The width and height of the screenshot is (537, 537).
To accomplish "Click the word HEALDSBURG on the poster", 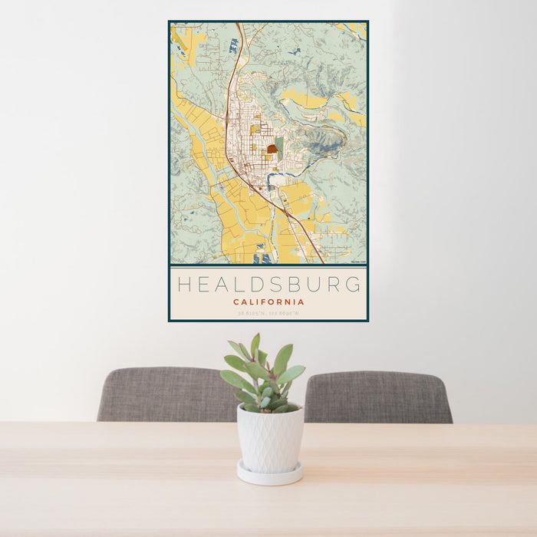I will [268, 285].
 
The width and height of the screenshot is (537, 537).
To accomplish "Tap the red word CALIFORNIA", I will [268, 302].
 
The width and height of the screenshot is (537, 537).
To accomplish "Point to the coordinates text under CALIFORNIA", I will [268, 312].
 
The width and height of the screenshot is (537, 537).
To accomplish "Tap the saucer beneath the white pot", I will [268, 474].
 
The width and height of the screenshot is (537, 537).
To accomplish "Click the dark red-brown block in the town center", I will [272, 149].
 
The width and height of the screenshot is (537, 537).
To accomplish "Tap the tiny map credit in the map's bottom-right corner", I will [356, 262].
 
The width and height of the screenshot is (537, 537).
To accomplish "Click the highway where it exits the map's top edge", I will [239, 26].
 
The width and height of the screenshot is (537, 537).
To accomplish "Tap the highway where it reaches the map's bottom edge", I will [320, 260].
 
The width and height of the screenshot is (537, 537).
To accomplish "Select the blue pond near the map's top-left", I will [233, 45].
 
